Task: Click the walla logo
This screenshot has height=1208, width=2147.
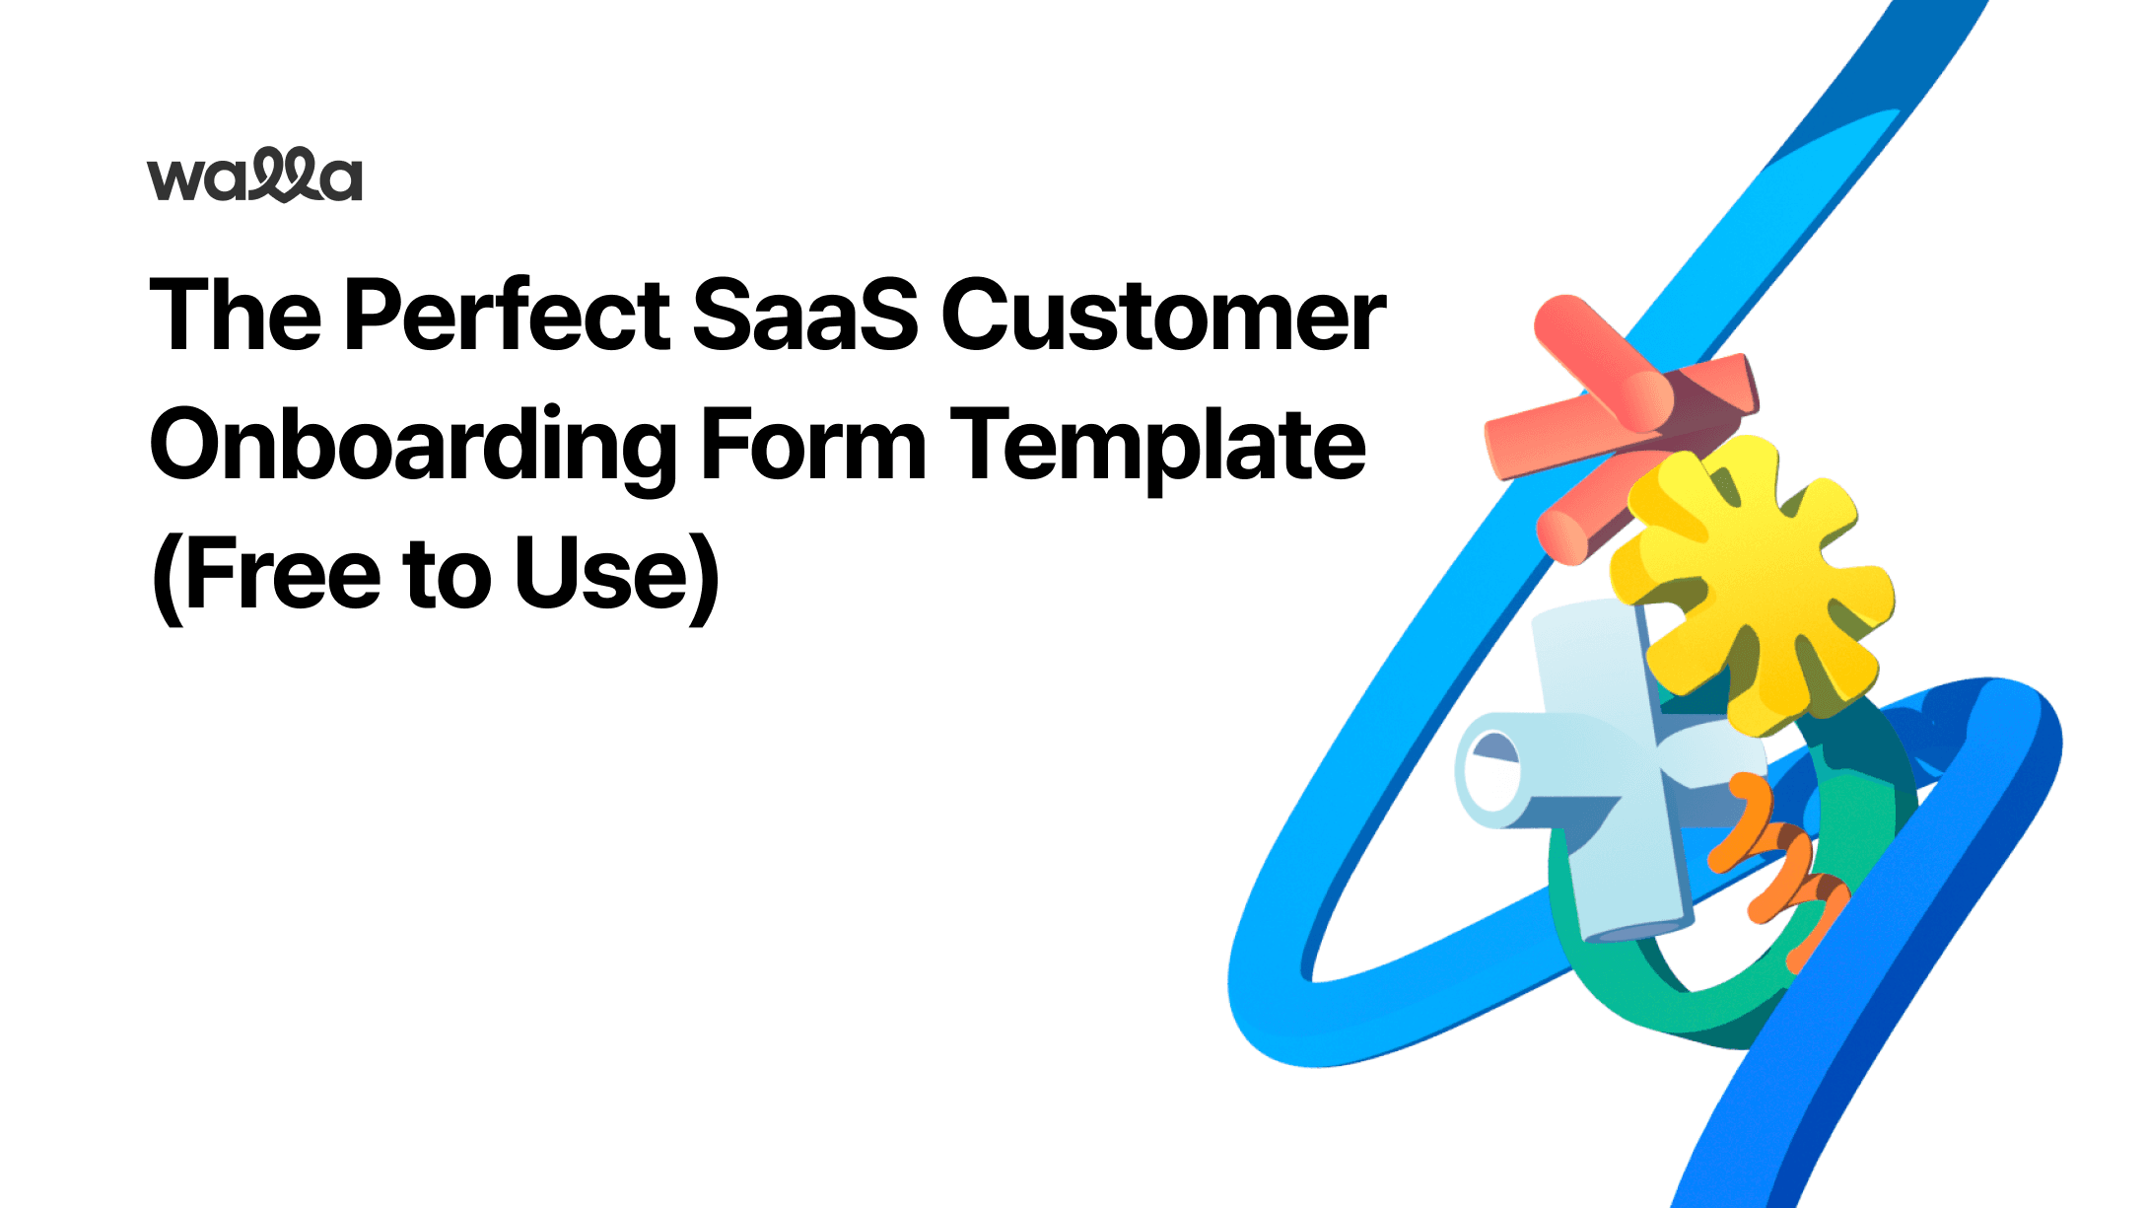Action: point(255,176)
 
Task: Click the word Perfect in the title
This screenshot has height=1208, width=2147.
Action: point(507,315)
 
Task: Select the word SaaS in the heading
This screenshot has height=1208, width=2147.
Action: point(804,315)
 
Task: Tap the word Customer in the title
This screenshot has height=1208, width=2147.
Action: point(1163,315)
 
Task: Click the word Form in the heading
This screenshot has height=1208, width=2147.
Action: point(813,446)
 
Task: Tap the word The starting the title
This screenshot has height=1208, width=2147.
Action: point(236,315)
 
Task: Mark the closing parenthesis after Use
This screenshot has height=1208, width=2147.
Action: point(704,578)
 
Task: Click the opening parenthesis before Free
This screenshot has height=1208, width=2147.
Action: point(167,578)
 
